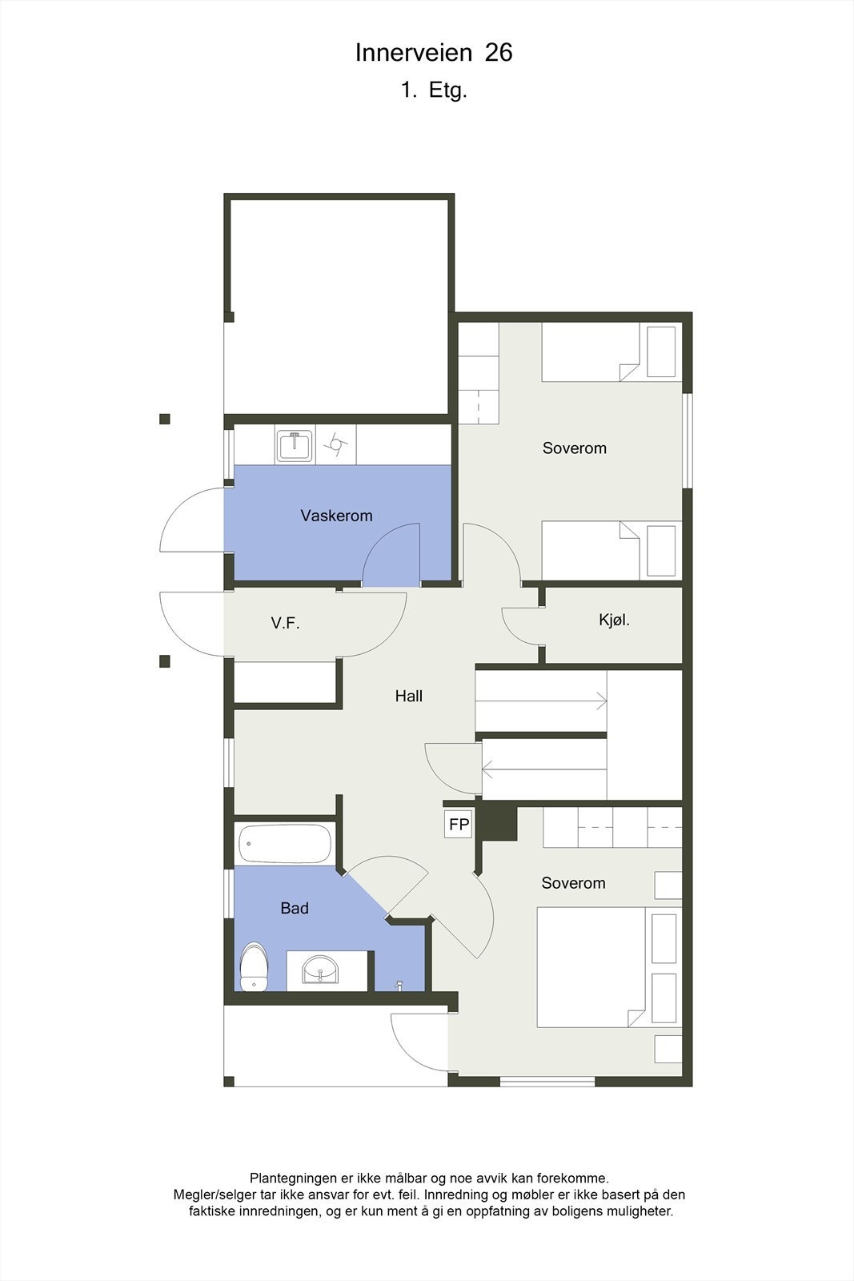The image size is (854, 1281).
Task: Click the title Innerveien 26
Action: (434, 53)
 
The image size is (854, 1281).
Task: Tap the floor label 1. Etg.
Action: (434, 90)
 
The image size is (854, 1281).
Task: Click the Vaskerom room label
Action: (336, 516)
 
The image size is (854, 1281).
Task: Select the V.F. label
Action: (285, 623)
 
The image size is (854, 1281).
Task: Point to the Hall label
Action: (408, 696)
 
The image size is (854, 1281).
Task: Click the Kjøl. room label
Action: (614, 620)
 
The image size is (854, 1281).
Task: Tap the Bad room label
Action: (295, 908)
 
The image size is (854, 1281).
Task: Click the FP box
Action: (459, 825)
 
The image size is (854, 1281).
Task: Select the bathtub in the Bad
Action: (285, 844)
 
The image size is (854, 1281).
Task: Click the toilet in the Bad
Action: (255, 967)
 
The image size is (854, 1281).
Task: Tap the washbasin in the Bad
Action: (320, 970)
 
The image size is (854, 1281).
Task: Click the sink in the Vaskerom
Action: (295, 446)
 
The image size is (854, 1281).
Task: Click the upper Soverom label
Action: (574, 448)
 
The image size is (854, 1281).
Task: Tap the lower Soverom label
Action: (573, 883)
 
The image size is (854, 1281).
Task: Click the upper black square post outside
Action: (165, 419)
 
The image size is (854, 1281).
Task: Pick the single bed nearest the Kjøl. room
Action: (592, 550)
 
